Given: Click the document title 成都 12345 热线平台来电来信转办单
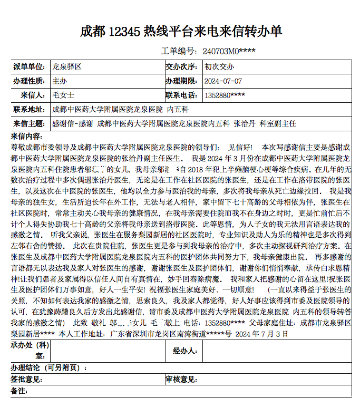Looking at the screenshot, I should click(181, 31).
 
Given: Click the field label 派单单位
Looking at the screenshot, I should click(28, 67).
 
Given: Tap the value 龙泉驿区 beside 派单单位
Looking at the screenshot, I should click(66, 67).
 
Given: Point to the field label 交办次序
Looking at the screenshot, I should click(182, 67).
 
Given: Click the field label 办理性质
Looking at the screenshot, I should click(28, 81).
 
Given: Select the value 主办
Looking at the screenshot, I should click(60, 81).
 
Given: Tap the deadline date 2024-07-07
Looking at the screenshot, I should click(223, 81).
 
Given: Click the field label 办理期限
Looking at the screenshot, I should click(182, 81).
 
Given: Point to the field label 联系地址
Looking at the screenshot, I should click(28, 110).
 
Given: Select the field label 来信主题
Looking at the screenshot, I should click(28, 124).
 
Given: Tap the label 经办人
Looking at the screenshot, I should click(185, 351).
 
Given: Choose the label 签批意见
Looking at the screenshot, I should click(26, 379).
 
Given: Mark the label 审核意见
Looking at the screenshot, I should click(181, 379).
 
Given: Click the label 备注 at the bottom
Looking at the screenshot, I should click(19, 391).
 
